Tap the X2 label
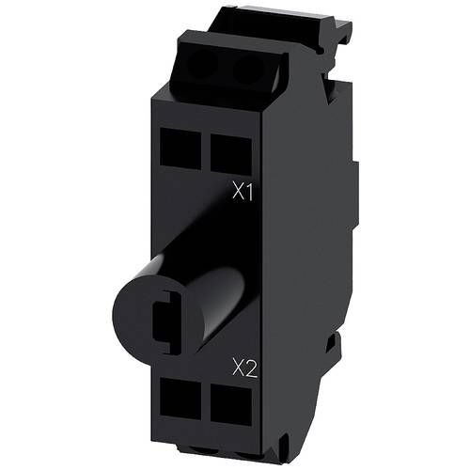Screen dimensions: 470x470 coord(244,366)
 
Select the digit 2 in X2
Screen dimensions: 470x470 coord(251,366)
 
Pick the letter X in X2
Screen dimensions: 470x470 coord(238,366)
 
